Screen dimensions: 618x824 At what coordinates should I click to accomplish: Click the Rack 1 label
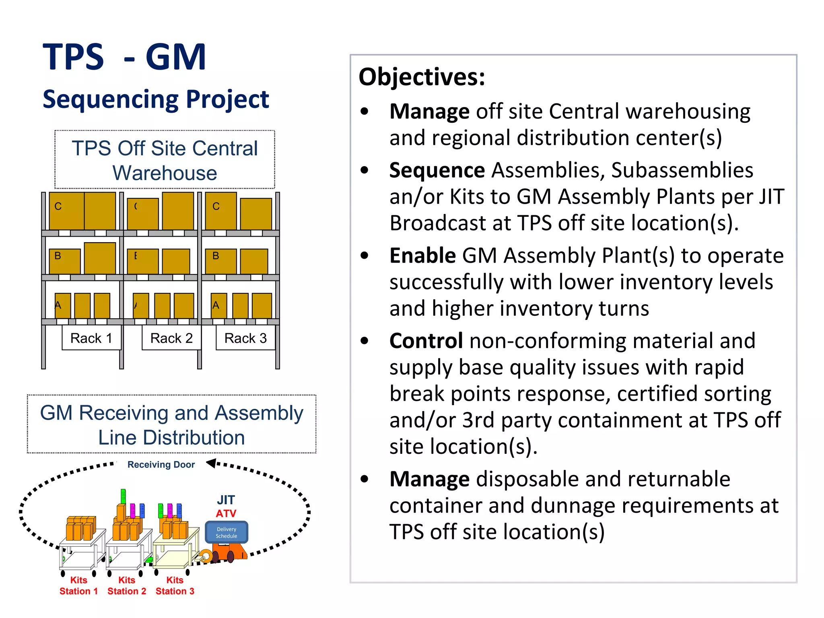click(91, 338)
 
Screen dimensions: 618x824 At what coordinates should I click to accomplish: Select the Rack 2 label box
click(171, 338)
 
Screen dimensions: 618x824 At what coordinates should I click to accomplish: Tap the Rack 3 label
click(245, 338)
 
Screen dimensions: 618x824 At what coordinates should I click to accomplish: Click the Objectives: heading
click(422, 77)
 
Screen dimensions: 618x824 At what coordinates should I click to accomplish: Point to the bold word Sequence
click(437, 170)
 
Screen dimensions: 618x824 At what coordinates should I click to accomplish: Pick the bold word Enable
click(422, 255)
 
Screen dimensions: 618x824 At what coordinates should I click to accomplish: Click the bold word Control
click(426, 341)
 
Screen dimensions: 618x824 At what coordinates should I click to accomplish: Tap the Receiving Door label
click(161, 465)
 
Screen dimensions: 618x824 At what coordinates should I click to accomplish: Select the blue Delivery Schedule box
click(227, 532)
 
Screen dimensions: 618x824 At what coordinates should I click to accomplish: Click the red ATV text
click(226, 514)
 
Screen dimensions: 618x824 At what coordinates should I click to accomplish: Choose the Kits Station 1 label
click(78, 585)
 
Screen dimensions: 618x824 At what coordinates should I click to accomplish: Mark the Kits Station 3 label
click(175, 585)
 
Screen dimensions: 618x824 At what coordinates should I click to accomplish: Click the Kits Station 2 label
click(127, 585)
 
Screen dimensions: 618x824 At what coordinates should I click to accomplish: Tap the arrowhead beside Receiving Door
click(211, 463)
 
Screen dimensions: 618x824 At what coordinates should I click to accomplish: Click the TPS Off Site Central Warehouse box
click(165, 160)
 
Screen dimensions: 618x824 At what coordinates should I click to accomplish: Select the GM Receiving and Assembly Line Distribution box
click(171, 424)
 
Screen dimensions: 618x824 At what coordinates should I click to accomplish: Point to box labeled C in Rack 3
click(220, 211)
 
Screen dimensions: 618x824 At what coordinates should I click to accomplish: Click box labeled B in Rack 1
click(64, 261)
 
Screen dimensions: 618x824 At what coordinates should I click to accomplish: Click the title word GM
click(175, 57)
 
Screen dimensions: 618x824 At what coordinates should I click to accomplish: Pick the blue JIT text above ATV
click(226, 500)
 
